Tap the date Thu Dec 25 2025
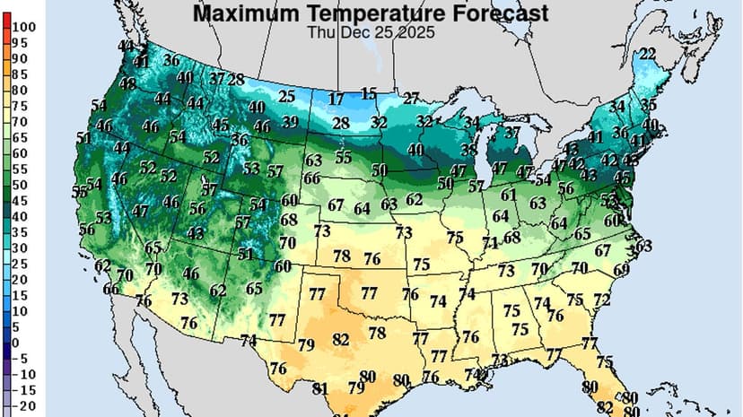coord(371,32)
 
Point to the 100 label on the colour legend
coord(24,27)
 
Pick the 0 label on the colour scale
coord(16,343)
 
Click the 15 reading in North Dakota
coord(369,93)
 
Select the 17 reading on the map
coord(336,99)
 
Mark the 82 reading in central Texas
coord(340,340)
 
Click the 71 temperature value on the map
coord(489,243)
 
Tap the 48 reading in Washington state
coord(127,83)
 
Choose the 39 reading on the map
coord(291,122)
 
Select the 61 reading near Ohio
coord(509,195)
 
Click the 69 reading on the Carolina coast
coord(621,269)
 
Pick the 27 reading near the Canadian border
coord(411,98)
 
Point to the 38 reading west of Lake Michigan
coord(468,150)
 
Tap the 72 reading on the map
coord(601,299)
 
